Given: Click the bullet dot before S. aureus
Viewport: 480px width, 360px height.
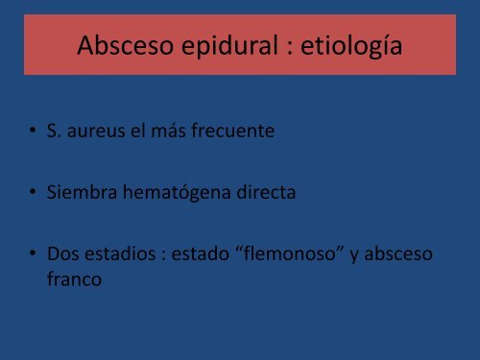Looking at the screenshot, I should [34, 132].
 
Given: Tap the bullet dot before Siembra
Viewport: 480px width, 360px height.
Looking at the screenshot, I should [34, 194].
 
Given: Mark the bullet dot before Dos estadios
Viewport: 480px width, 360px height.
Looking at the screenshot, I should [34, 256].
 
